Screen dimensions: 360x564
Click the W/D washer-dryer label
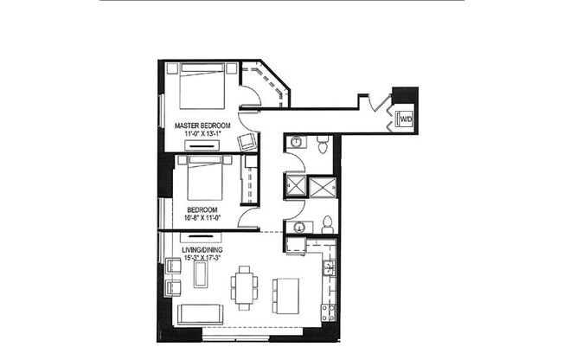405,119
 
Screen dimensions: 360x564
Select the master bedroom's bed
206,88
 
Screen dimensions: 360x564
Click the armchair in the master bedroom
247,143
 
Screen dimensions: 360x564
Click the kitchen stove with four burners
327,311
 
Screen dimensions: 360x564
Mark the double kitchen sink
329,269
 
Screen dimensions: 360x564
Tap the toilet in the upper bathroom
322,145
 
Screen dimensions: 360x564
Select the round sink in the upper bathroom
295,141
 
